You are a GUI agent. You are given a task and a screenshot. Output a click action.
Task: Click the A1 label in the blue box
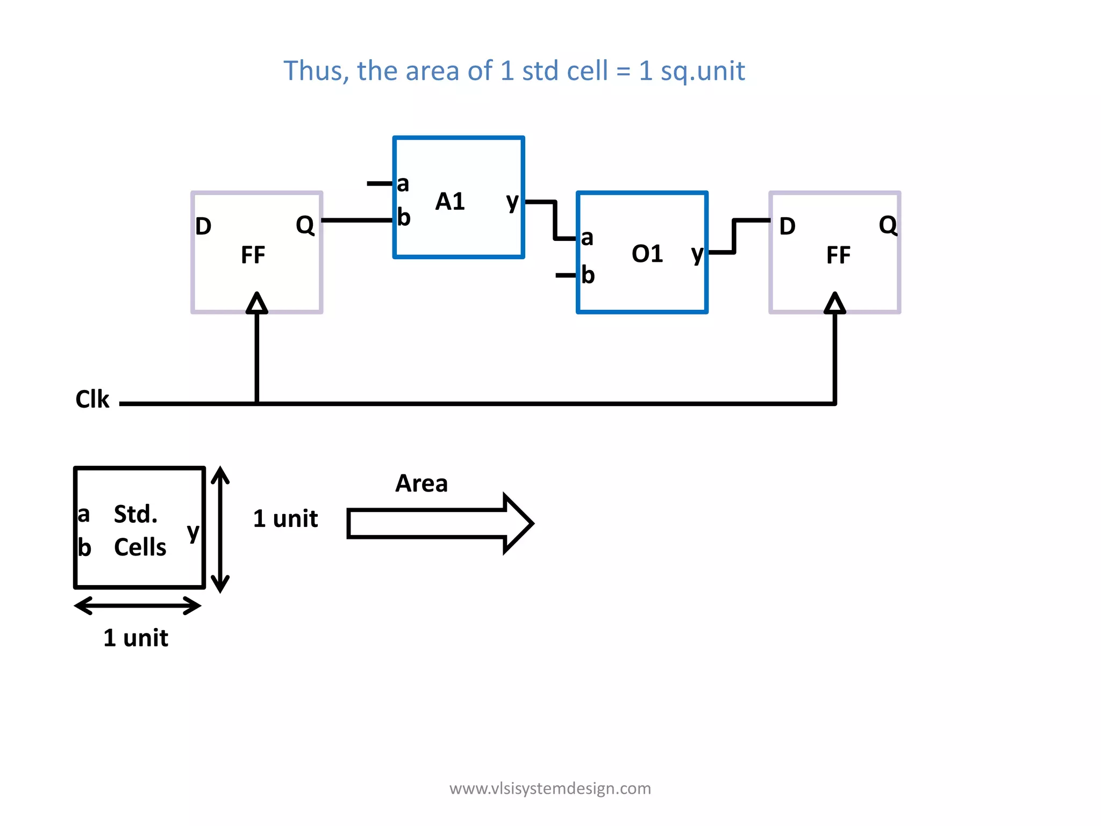[449, 202]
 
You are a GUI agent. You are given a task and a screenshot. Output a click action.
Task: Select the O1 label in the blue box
[647, 254]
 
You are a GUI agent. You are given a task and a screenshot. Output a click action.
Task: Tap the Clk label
[92, 400]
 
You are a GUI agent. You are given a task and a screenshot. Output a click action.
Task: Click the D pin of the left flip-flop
[203, 226]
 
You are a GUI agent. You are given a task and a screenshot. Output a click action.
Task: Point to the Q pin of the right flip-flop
[888, 225]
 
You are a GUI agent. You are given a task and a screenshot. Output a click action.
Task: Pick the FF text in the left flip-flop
[253, 255]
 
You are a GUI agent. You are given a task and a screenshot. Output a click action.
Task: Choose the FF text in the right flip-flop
[838, 255]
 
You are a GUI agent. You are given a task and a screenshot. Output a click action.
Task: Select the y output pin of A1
[512, 202]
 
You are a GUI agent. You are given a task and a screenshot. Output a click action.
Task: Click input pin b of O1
[588, 275]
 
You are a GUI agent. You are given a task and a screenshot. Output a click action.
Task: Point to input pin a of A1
[403, 184]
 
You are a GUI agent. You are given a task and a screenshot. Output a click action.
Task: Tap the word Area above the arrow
[421, 483]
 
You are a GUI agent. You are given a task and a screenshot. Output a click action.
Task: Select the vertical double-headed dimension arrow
[220, 530]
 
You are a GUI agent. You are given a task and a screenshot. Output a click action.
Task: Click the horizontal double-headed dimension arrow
[138, 606]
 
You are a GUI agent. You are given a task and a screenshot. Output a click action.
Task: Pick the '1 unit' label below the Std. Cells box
[135, 638]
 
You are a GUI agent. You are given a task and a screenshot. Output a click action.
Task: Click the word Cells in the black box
[140, 547]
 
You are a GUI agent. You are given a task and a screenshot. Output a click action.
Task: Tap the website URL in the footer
[550, 788]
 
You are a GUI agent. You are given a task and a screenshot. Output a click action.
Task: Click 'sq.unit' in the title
[702, 72]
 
